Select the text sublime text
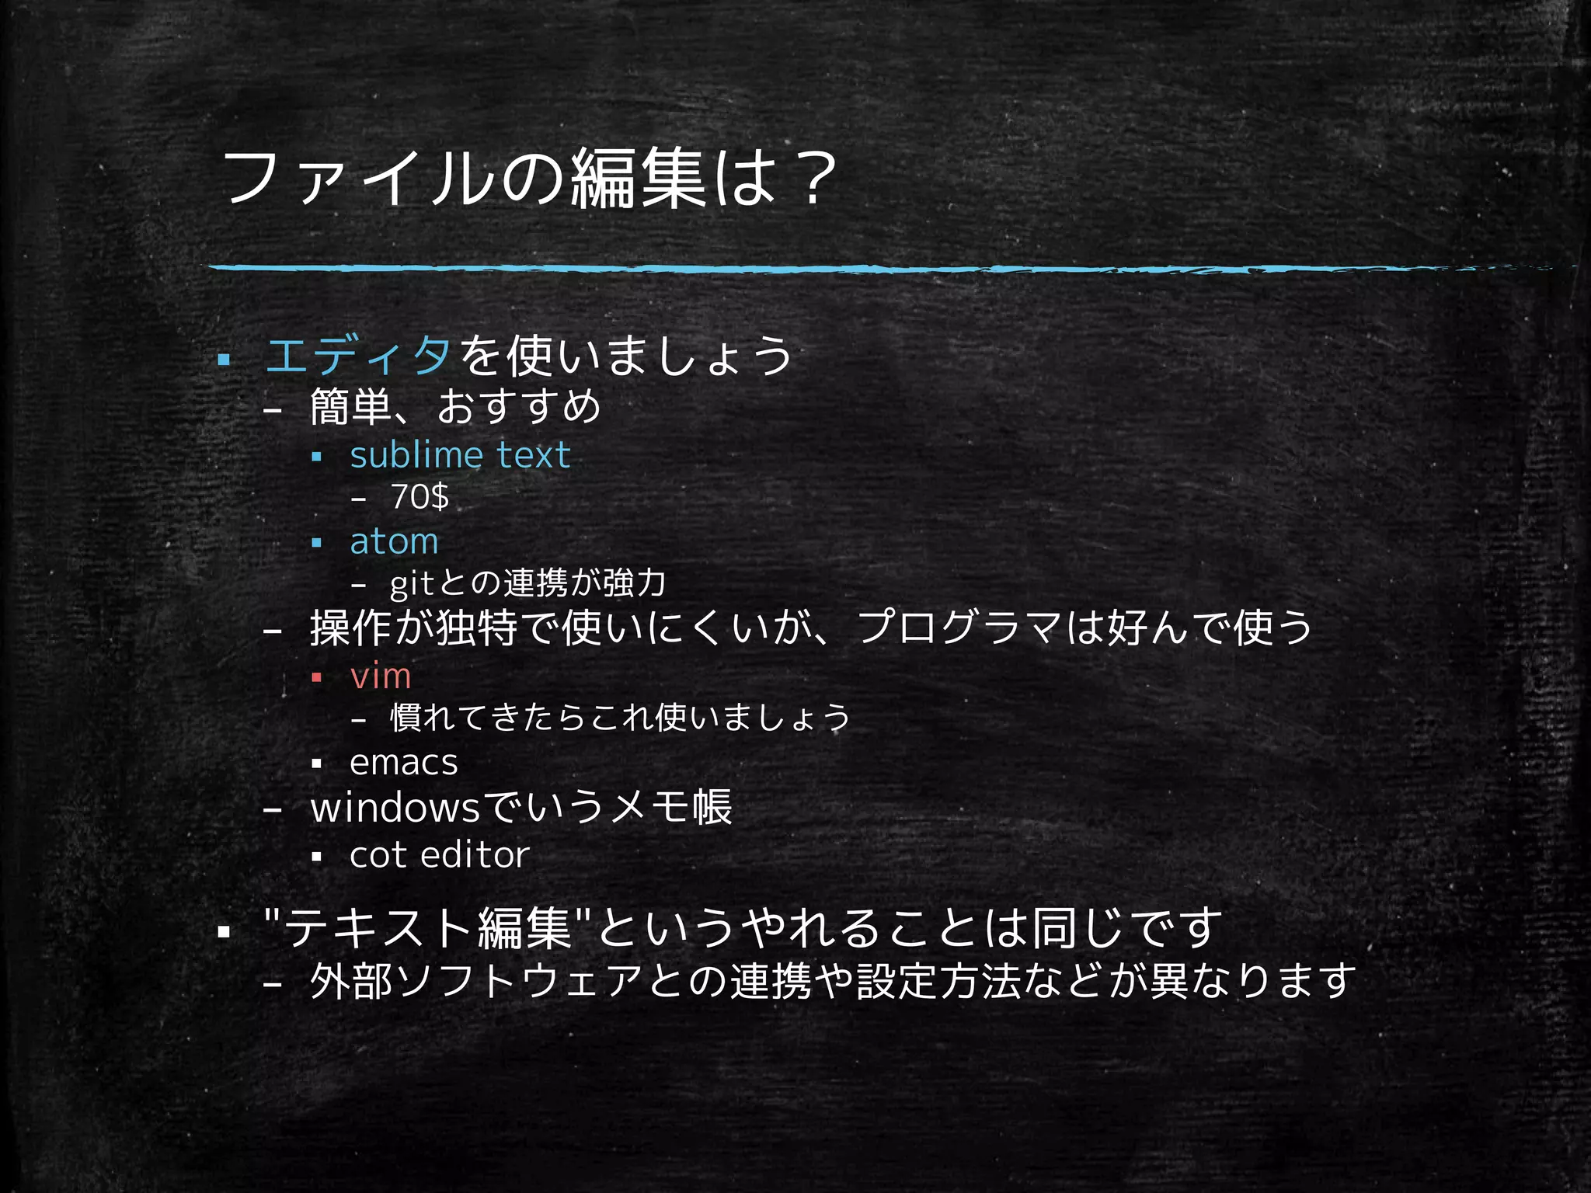coord(460,455)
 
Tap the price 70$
coord(420,497)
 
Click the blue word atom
coord(394,541)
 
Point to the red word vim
coord(380,676)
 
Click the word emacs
coord(403,763)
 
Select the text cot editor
coord(440,855)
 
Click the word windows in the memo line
coord(395,808)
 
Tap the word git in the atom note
coord(411,584)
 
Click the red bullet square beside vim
coord(316,677)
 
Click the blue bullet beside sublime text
coord(316,457)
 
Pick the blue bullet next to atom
coord(316,543)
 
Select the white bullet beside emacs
coord(316,764)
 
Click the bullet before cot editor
coord(316,857)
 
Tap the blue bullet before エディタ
coord(225,360)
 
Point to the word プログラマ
coord(959,628)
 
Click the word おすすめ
coord(519,406)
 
